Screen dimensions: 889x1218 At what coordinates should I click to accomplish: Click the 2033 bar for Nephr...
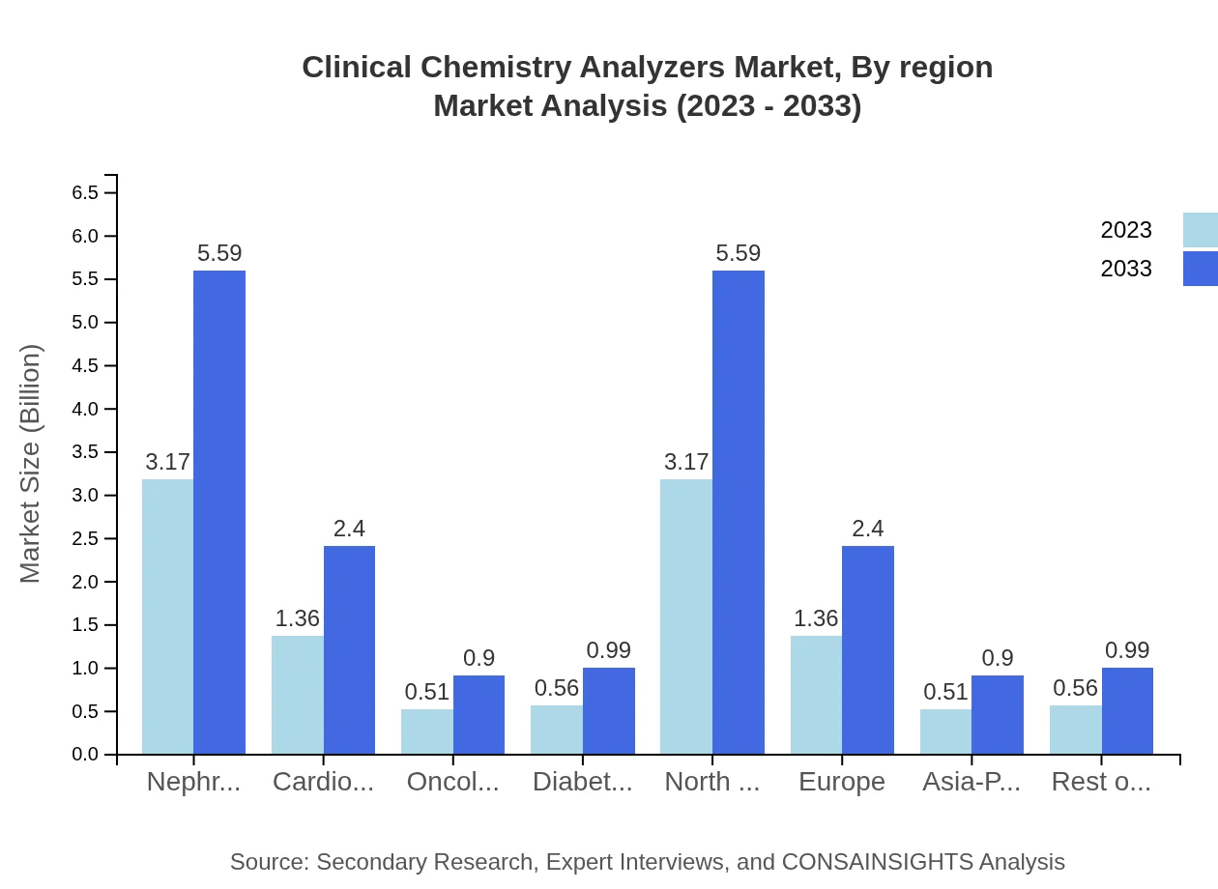point(219,512)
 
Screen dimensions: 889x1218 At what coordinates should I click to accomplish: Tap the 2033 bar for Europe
point(868,649)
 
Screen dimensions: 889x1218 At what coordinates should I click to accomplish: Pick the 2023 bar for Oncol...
point(427,731)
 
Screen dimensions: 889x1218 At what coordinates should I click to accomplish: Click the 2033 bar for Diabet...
point(609,710)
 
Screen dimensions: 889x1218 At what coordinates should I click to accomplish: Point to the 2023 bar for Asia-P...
point(945,731)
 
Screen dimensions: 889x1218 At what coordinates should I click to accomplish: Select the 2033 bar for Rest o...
point(1127,710)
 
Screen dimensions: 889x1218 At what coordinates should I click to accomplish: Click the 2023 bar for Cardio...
point(298,695)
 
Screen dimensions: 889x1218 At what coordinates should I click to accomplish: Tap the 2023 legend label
point(1126,230)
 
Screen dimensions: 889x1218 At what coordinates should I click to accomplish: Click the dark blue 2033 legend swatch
point(1200,269)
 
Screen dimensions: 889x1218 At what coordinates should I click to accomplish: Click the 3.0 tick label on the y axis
point(85,496)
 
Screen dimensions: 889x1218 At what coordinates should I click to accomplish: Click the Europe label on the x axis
point(842,782)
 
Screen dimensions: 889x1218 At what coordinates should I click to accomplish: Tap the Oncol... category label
point(452,782)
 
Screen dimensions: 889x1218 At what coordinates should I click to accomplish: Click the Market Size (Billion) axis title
point(31,464)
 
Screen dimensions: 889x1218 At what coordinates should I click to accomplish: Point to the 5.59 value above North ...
point(739,253)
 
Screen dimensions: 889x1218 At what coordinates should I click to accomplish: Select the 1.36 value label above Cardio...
point(298,618)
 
